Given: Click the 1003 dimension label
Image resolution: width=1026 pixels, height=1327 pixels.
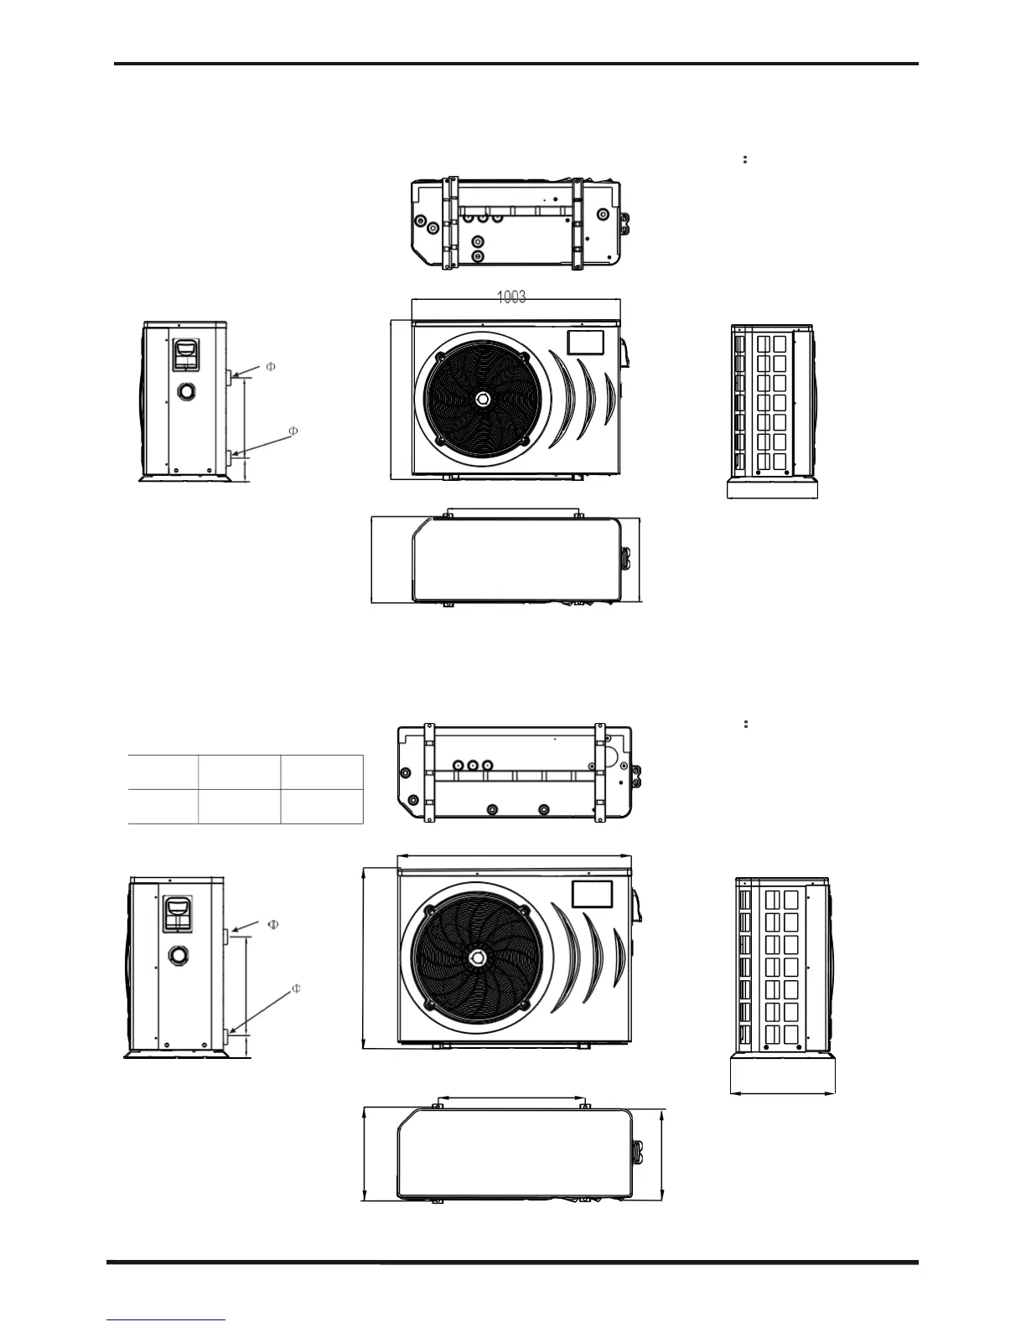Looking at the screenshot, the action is click(511, 297).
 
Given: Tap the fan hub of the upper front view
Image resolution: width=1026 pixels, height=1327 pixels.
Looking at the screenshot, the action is click(484, 400).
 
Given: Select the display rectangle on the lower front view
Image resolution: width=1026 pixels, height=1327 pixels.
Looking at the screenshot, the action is click(591, 894).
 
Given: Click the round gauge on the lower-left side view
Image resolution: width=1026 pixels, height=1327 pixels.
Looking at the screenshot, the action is click(178, 953).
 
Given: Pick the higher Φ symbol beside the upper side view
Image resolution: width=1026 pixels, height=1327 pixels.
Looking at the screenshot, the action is click(270, 366).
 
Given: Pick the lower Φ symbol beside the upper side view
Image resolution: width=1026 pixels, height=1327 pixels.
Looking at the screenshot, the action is click(293, 431).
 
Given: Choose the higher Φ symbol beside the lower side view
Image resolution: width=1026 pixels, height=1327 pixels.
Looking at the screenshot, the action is click(272, 924).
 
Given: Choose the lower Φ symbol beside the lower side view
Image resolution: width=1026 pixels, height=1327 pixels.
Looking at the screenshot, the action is click(296, 989).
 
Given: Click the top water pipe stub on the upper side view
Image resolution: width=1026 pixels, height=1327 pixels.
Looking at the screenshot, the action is click(230, 378).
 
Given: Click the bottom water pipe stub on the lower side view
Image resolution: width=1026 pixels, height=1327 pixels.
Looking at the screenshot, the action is click(226, 1037).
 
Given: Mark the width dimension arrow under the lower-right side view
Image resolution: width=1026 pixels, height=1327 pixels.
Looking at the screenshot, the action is click(782, 1092).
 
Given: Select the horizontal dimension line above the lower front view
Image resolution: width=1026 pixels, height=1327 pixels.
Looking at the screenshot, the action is click(514, 856).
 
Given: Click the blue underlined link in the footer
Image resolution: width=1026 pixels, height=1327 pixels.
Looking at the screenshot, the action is click(167, 1320).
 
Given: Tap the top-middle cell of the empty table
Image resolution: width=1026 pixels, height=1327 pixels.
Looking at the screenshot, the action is click(239, 771).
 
